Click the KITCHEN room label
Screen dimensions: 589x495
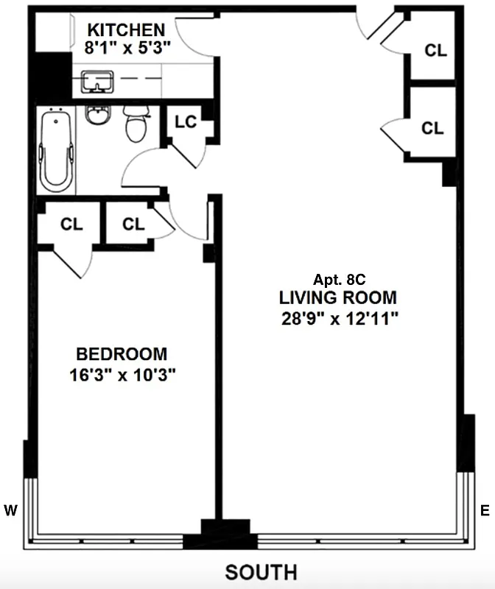pos(126,30)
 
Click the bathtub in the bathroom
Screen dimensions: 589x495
pos(56,149)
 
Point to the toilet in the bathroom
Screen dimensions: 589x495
pos(136,123)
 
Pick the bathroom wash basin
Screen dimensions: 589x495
pos(96,115)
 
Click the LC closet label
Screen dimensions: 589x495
pos(186,121)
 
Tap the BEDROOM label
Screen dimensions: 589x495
pos(122,353)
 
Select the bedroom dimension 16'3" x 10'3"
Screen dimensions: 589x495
pos(122,374)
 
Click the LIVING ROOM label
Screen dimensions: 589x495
pos(338,298)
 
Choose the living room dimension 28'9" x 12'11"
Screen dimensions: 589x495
pos(338,320)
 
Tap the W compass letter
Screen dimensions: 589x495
pos(11,509)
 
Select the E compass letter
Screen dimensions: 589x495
pos(485,509)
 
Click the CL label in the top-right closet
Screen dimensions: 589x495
pos(436,50)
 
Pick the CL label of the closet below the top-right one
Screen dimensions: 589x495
pos(433,128)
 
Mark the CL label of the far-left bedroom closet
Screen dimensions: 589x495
pos(71,225)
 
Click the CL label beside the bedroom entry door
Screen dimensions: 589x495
pos(133,225)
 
